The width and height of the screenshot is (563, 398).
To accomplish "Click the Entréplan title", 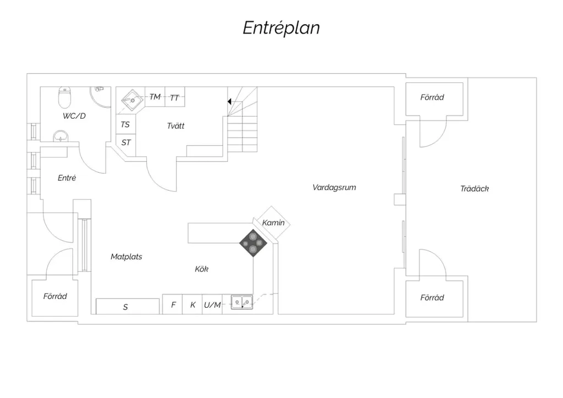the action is (281, 28).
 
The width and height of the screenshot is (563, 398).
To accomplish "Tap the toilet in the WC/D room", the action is (65, 98).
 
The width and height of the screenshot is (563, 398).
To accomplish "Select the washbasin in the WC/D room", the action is (60, 136).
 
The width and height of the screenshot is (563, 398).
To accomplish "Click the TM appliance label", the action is (154, 97).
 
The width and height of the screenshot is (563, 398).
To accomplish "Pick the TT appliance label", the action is (174, 98).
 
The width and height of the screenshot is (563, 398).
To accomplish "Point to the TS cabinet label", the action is (125, 125).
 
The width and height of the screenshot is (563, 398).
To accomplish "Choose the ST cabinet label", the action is (126, 142).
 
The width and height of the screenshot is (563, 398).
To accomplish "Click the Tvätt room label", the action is (175, 126).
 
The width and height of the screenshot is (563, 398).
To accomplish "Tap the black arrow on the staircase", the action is (229, 102).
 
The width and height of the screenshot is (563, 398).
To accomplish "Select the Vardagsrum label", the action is (334, 187).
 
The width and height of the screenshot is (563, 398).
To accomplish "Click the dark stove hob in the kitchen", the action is (253, 243).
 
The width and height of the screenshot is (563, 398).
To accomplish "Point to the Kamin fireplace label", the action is (273, 223).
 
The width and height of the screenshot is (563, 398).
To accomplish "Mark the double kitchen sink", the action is (242, 302).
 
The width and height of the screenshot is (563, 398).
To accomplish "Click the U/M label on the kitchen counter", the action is (212, 305).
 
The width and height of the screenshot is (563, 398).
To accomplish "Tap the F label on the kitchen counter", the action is (173, 305).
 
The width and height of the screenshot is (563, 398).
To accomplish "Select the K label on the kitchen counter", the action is (193, 305).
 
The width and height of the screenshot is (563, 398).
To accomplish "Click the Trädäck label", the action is (474, 189).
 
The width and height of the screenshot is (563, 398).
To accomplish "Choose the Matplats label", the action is (126, 257).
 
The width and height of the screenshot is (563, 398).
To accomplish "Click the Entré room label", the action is (67, 178).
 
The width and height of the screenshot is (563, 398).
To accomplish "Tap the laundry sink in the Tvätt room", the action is (132, 99).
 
